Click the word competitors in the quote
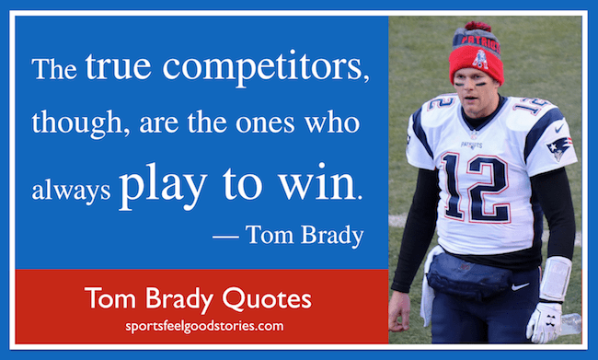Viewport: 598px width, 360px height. coord(266,67)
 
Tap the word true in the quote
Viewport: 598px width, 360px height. coord(119,66)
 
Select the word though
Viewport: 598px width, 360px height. coord(81,122)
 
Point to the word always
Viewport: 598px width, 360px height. coord(72,190)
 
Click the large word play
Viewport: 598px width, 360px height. coord(164,184)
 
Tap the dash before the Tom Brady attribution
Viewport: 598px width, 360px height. coord(225,237)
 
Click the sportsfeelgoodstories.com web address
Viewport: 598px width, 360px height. coord(205,327)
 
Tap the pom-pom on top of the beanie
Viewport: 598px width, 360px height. coord(477,27)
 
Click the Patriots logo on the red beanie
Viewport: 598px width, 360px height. coord(479,59)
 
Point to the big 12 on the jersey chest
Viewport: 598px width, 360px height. coord(477,187)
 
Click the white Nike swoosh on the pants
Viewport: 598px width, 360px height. coord(520,286)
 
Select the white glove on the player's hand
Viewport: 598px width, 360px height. coord(545,322)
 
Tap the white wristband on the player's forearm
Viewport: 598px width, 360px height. coord(556,279)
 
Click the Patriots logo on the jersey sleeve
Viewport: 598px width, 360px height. coord(559,147)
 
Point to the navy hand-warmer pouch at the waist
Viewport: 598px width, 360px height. coord(468,275)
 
